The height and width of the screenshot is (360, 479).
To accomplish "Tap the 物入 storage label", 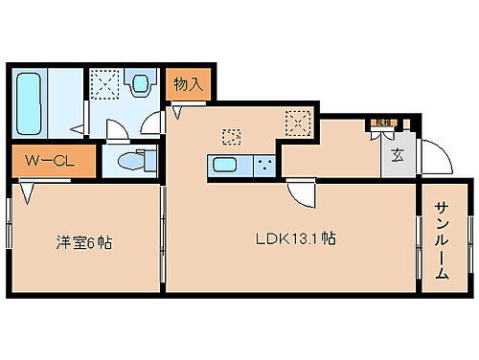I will [188, 84].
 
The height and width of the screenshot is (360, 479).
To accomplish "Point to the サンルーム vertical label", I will [442, 240].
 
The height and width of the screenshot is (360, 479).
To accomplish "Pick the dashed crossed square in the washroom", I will [103, 84].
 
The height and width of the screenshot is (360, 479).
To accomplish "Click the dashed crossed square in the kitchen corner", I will [298, 122].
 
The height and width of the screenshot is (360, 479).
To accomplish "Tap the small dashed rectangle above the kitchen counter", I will [229, 135].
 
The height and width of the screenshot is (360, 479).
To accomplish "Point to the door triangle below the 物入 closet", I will [178, 112].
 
